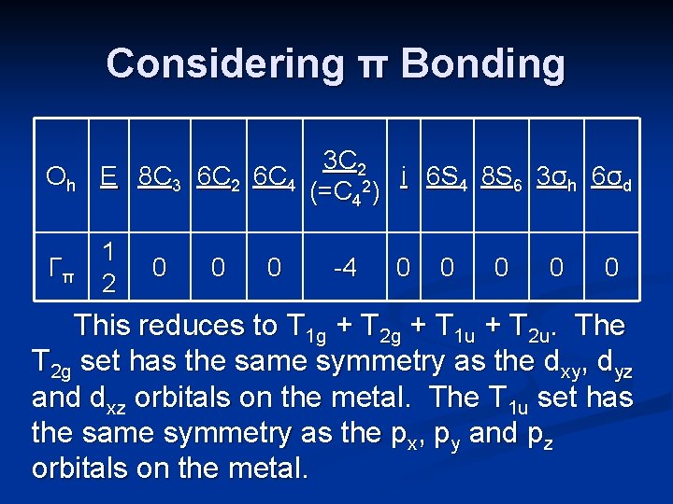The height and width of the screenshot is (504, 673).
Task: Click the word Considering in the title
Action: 224,64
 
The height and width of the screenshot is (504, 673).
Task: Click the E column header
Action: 109,175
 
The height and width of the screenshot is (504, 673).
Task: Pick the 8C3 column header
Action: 163,176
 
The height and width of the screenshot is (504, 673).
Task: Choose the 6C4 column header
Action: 277,176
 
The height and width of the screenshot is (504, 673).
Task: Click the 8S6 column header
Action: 505,176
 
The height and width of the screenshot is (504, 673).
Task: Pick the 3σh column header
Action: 558,176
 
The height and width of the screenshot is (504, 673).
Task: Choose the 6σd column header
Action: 612,176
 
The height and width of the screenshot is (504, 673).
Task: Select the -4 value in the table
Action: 345,268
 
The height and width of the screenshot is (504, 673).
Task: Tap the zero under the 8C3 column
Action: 160,268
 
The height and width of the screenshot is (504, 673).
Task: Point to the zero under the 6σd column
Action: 611,268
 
